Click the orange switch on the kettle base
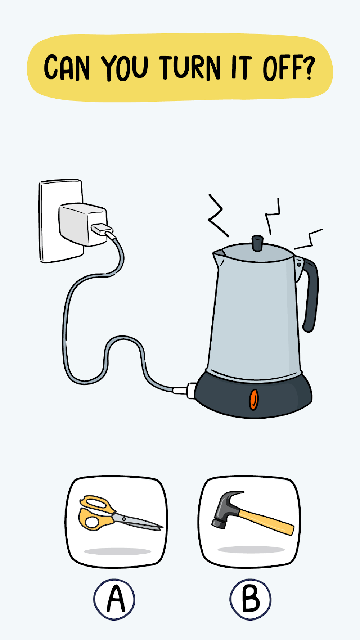[254, 399]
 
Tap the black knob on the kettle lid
[257, 243]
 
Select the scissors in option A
[120, 513]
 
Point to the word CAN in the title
[67, 68]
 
